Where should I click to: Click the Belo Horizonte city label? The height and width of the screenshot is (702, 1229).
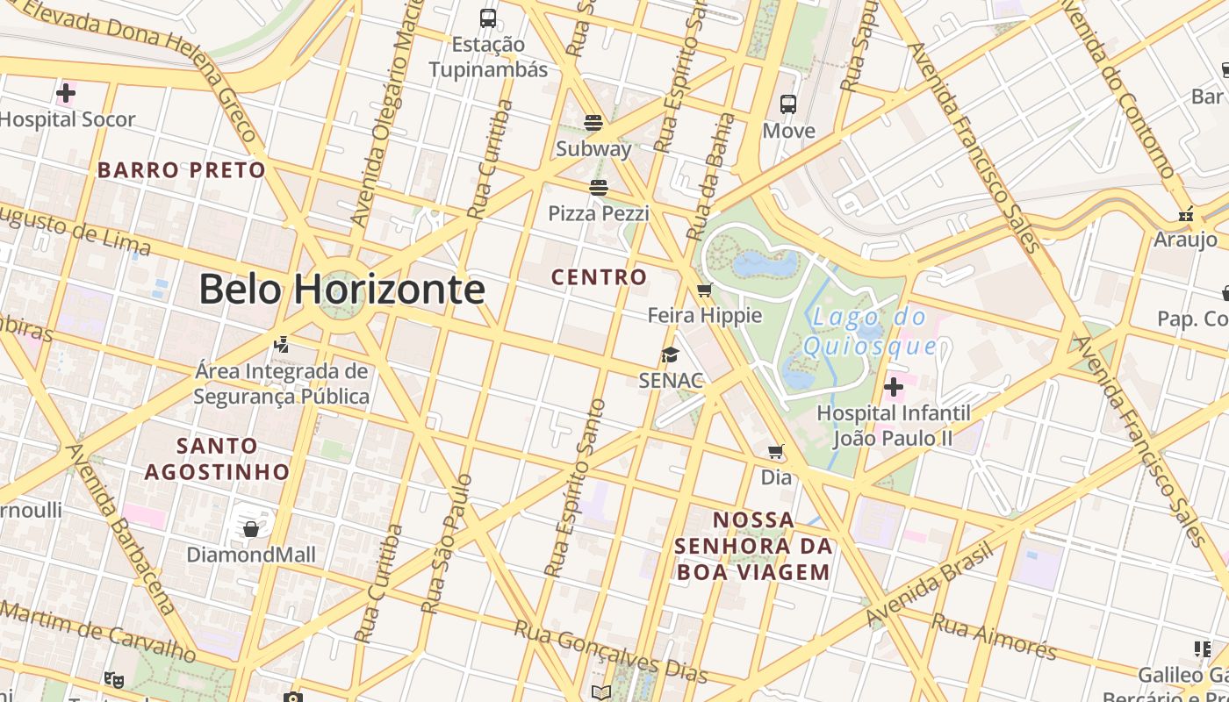341,289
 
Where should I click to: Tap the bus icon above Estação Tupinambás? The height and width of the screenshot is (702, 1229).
488,18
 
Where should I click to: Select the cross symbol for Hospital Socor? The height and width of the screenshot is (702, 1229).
66,92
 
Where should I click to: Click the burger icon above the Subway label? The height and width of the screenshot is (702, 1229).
593,122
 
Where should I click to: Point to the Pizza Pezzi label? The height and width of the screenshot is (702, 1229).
599,213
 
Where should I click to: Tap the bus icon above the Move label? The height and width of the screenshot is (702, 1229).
788,104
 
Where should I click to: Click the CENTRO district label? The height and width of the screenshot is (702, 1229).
599,277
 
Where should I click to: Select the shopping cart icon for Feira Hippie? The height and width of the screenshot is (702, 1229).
704,290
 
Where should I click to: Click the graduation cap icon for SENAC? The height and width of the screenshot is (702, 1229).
671,355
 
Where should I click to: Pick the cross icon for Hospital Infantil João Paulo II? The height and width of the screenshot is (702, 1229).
894,386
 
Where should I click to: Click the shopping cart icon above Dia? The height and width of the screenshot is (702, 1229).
776,452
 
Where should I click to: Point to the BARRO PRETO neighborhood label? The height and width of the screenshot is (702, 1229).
181,170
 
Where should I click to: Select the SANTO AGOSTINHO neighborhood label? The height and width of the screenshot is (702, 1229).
217,459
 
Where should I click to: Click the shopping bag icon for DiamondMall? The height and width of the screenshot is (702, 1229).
251,528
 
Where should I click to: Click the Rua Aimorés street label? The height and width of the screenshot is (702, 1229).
994,636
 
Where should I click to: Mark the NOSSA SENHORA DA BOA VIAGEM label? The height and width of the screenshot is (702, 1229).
752,546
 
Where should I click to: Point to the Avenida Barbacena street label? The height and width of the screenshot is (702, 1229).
121,528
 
